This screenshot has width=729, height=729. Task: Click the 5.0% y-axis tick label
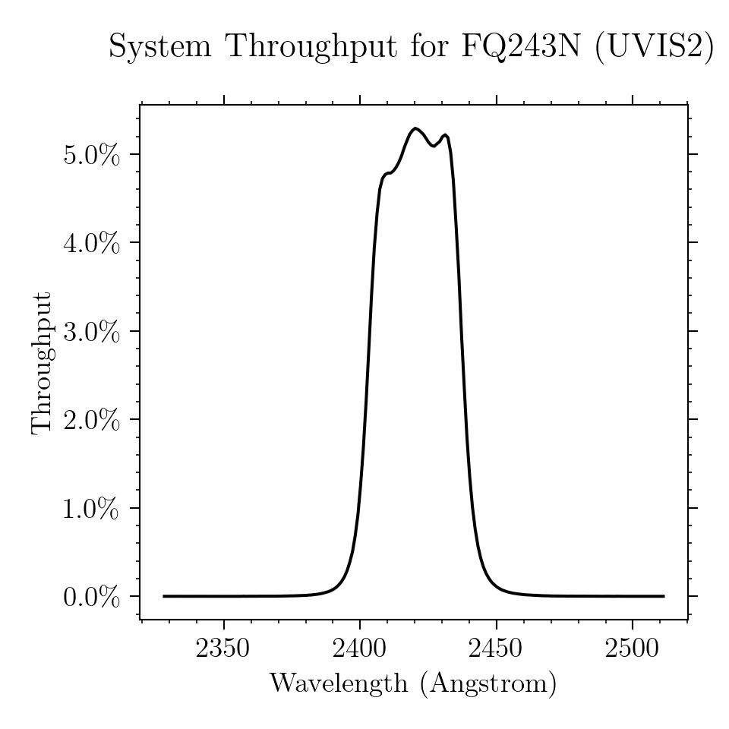pos(92,155)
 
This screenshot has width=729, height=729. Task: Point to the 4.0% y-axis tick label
pos(92,243)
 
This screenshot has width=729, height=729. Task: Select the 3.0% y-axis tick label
pos(92,332)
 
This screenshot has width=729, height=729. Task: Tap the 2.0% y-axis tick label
pos(92,420)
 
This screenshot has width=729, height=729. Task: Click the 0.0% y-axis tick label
pos(92,598)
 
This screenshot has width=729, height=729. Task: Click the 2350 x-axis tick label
pos(223,648)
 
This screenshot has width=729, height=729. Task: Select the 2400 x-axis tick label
pos(359,648)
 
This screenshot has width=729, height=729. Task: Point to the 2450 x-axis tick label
pos(496,648)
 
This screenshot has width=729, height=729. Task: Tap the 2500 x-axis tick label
pos(632,648)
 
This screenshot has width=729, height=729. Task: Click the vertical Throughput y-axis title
pos(41,364)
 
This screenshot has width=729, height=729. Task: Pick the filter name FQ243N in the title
pos(521,46)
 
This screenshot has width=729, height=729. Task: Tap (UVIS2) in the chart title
pos(654,46)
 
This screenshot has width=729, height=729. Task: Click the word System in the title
pos(160,47)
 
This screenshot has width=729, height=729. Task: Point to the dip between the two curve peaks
pos(434,146)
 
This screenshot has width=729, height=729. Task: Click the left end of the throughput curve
pos(164,596)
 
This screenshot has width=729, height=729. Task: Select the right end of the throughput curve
pos(664,596)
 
